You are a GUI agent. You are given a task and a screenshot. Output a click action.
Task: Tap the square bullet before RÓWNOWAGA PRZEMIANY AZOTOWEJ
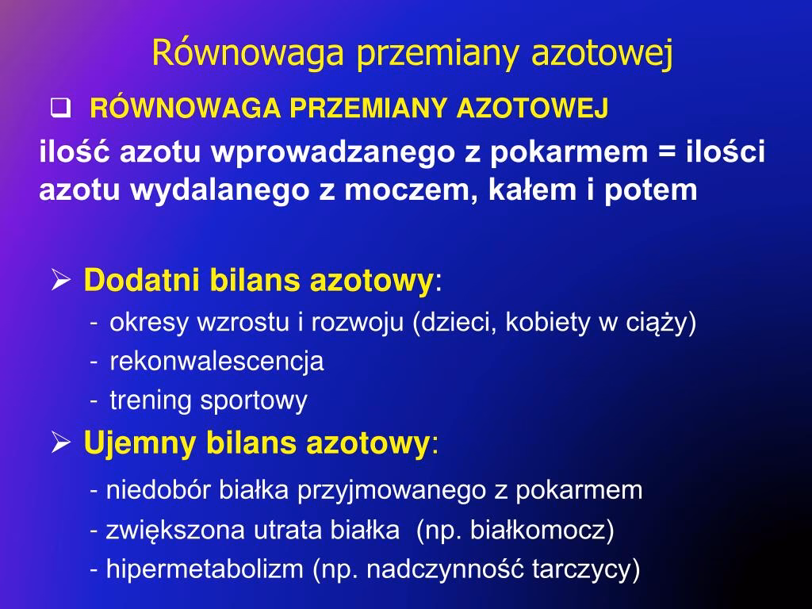pos(60,108)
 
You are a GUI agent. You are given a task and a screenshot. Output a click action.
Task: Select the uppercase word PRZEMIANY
pos(368,108)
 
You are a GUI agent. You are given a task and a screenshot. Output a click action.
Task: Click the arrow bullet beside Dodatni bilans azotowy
pos(61,280)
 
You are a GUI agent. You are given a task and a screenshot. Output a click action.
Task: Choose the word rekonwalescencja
pos(217,361)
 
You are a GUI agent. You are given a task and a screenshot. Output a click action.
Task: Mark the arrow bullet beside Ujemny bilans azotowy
pos(61,442)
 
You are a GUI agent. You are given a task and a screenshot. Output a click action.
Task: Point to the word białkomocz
pos(538,529)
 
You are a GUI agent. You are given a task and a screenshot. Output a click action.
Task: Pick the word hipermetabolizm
pos(205,569)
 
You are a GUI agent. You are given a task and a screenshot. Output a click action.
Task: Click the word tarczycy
pos(581,569)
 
